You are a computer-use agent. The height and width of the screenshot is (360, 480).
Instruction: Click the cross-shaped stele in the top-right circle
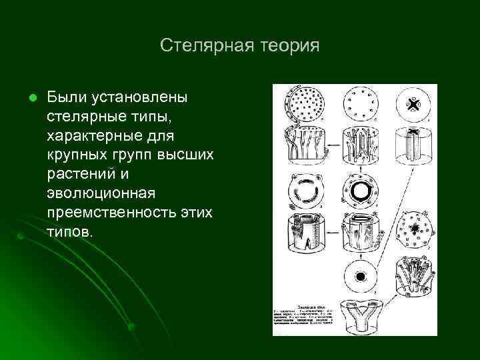coord(415,104)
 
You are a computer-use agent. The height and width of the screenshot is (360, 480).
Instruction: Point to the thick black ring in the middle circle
coord(360,192)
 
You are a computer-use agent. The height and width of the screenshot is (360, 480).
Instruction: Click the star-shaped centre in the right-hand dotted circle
coord(415,229)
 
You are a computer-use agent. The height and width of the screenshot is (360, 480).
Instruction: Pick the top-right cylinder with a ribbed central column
coord(415,145)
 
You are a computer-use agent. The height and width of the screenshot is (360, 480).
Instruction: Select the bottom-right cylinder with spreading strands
coord(415,275)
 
